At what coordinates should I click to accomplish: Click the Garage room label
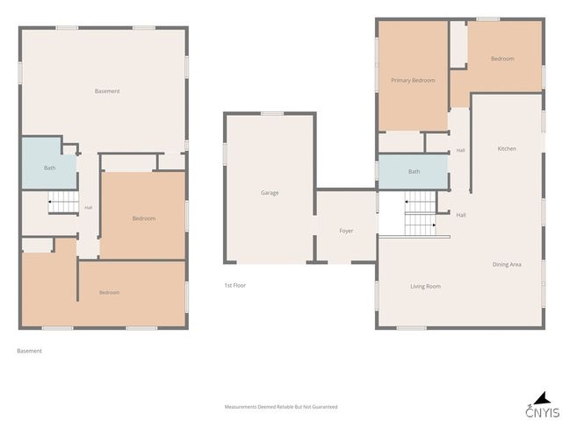[x=270, y=193]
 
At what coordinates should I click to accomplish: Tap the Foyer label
[x=346, y=231]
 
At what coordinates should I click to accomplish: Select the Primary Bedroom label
[x=413, y=81]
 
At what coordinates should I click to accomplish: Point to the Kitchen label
[x=507, y=148]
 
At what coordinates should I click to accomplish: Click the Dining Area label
[x=507, y=265]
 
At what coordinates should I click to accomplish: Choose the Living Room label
[x=425, y=287]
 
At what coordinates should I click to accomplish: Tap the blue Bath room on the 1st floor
[x=414, y=172]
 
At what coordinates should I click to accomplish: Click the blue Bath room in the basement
[x=49, y=164]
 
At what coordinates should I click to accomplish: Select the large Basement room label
[x=107, y=91]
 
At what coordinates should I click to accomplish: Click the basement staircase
[x=63, y=203]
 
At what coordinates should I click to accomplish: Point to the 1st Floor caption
[x=235, y=285]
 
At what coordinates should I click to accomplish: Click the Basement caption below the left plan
[x=29, y=351]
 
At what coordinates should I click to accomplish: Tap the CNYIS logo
[x=543, y=405]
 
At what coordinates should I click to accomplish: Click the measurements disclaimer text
[x=281, y=407]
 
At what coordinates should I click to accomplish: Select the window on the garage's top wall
[x=272, y=114]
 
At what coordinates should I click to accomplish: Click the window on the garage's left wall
[x=226, y=154]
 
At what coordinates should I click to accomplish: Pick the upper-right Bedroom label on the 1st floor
[x=502, y=59]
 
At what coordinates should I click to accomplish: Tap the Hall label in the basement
[x=88, y=208]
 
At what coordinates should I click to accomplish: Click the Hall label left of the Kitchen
[x=460, y=150]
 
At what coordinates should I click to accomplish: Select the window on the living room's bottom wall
[x=412, y=327]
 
